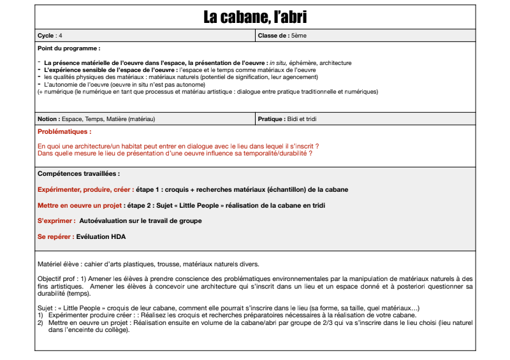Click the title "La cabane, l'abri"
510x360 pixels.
pos(254,17)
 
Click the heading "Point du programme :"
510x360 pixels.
pos(69,48)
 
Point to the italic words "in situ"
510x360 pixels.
pos(277,63)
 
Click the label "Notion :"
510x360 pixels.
pos(50,119)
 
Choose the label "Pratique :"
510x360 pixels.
pos(272,119)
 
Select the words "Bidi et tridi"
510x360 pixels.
pos(302,119)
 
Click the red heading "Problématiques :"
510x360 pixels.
pos(64,132)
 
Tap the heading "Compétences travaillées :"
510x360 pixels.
pos(78,173)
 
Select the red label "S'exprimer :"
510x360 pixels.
pos(57,220)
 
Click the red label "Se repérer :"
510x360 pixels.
pos(55,236)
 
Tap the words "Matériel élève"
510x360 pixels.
pos(59,263)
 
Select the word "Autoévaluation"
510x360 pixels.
pos(106,220)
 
